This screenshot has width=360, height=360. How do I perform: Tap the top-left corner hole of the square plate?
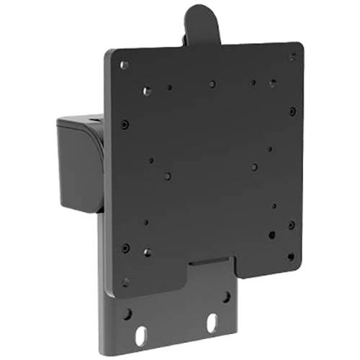[x=125, y=66]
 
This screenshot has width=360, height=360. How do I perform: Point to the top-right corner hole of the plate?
[x=292, y=56]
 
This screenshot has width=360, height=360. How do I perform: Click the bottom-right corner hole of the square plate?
[x=291, y=256]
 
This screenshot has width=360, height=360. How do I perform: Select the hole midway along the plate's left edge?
[x=125, y=125]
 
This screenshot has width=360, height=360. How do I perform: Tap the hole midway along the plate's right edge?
[x=292, y=112]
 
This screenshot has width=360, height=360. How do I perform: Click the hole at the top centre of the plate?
[x=212, y=84]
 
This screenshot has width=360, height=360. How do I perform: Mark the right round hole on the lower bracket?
[x=226, y=296]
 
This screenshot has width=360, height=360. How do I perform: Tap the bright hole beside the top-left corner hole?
[x=147, y=91]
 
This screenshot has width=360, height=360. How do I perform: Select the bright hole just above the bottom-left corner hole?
[x=147, y=252]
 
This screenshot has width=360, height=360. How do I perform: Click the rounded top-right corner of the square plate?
[x=298, y=48]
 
